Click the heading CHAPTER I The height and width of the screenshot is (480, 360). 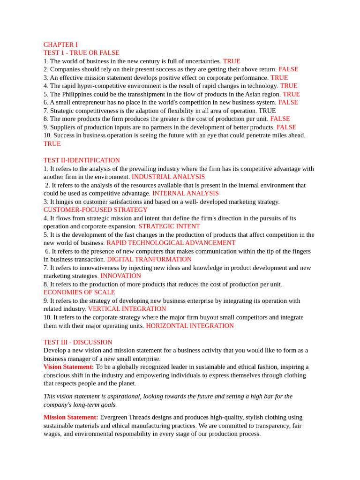[x=60, y=45]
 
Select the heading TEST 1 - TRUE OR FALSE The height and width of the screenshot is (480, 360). [x=81, y=52]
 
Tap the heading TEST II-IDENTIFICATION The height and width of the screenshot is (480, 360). [x=82, y=160]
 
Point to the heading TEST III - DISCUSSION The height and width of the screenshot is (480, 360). [x=78, y=342]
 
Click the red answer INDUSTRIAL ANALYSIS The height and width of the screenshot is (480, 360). [x=168, y=177]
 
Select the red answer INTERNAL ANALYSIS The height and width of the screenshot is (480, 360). [x=185, y=193]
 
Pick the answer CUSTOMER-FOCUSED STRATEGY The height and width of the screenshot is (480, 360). [x=95, y=210]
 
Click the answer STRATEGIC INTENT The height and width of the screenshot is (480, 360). [x=169, y=226]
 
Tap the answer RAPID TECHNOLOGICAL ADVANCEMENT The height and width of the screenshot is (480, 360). [x=171, y=243]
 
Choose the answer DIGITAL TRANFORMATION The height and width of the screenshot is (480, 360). [x=149, y=259]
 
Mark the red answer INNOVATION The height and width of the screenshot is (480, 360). [x=120, y=276]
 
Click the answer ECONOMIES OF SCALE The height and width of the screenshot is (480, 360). [x=79, y=292]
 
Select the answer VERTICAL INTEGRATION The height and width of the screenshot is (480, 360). [x=127, y=309]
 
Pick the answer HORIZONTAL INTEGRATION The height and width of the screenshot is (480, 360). [x=189, y=325]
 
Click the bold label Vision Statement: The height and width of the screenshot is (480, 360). [x=68, y=367]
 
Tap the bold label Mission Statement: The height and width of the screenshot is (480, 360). [x=71, y=417]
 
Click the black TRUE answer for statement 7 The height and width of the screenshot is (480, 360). [x=267, y=111]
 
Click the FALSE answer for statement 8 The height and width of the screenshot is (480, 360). [x=280, y=119]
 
